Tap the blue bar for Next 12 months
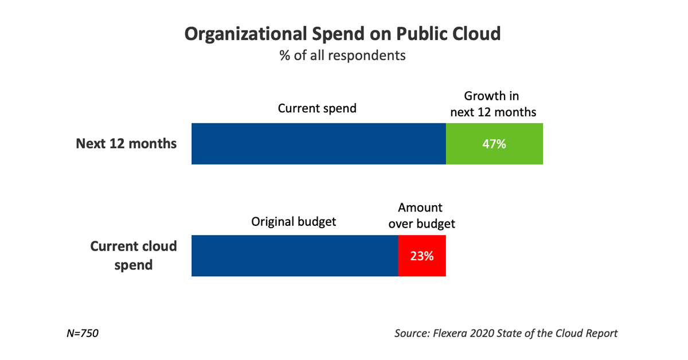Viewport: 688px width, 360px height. (318, 143)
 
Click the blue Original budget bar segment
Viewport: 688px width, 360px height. (294, 256)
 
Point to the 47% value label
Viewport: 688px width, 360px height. (494, 144)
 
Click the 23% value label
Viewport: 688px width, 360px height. (421, 256)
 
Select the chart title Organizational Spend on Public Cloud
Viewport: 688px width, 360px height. (342, 34)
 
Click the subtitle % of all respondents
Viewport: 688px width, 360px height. (342, 56)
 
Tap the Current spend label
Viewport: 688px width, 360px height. (317, 108)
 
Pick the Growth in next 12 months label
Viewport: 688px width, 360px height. (493, 104)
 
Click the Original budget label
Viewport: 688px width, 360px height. (294, 221)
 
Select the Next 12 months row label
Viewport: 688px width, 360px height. (126, 143)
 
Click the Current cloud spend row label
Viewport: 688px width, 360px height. (134, 256)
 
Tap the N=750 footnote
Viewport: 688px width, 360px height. (83, 333)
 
